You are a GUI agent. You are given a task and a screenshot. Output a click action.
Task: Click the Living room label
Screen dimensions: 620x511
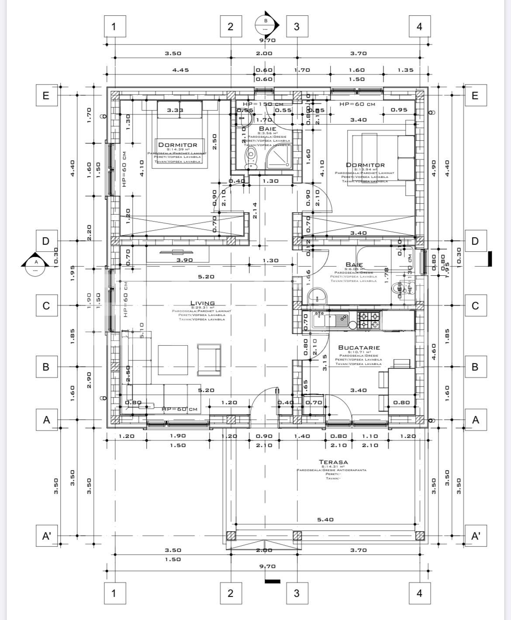tap(202, 303)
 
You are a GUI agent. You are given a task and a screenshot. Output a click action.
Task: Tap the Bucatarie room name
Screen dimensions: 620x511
tap(359, 347)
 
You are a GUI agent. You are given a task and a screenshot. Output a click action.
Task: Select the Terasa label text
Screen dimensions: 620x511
tap(333, 462)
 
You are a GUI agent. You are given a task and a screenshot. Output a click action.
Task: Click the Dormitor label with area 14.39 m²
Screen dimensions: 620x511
tap(177, 145)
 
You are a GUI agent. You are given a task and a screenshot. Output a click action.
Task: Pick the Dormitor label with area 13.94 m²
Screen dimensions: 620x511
tap(365, 165)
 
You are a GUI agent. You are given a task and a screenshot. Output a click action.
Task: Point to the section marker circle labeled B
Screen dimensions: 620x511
tap(265, 24)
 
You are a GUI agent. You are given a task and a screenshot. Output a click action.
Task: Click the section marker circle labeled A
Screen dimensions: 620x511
tap(35, 265)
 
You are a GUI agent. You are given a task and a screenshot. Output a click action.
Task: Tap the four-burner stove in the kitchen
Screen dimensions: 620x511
tap(369, 320)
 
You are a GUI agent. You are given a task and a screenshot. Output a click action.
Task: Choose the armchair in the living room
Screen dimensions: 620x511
tap(209, 360)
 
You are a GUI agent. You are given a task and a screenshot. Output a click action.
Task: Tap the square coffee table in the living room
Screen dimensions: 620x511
tap(173, 360)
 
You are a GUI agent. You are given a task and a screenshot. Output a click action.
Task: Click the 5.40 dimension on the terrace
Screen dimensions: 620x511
tap(325, 520)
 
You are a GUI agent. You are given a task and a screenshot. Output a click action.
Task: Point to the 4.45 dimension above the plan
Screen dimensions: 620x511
tap(180, 70)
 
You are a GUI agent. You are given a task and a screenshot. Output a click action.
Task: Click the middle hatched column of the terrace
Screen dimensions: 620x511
tap(297, 536)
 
